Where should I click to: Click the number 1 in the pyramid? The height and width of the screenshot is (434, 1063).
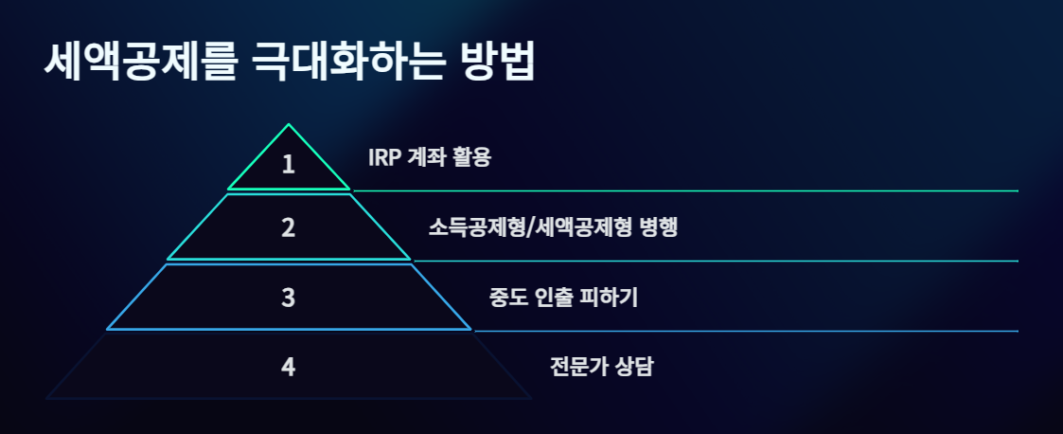(289, 164)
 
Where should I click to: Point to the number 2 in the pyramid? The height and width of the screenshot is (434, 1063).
(289, 227)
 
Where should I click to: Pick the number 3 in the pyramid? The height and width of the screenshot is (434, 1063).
(289, 298)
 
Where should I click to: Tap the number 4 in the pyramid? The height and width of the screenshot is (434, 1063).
(289, 367)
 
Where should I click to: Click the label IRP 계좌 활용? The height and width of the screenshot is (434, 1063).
(430, 157)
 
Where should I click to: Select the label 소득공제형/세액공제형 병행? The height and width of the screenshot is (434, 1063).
(553, 227)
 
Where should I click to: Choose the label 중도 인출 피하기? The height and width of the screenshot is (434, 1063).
(564, 298)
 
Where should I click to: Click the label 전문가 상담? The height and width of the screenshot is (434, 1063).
(601, 367)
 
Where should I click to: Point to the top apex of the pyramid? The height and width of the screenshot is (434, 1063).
(289, 125)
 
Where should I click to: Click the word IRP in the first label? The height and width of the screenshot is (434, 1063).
(384, 157)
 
